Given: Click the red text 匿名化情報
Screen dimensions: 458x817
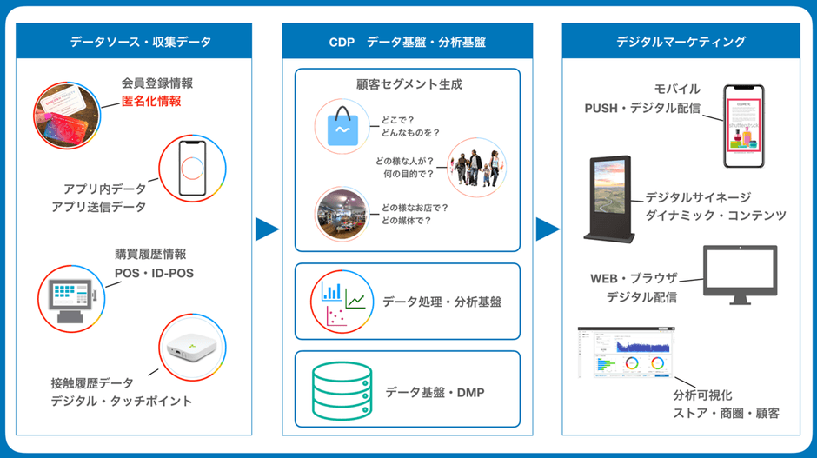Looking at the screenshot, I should (152, 102).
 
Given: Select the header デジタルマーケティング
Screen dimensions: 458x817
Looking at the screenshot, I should (681, 42).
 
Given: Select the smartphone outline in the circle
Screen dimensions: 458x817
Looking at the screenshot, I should (192, 167).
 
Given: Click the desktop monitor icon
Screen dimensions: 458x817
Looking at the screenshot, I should (740, 275).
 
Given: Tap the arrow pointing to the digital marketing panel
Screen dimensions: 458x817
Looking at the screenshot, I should (548, 229).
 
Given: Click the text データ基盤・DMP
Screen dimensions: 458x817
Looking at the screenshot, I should (435, 393).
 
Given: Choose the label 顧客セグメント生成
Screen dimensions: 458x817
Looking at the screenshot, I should (409, 85).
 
